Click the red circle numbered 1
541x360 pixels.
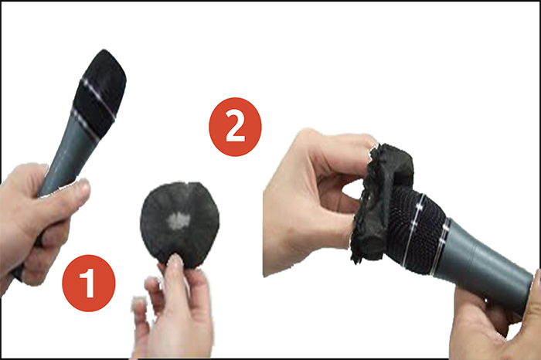[x=89, y=283]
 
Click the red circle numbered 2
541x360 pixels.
[x=235, y=127]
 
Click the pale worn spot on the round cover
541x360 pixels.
[x=179, y=220]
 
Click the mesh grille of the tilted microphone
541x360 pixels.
[x=414, y=228]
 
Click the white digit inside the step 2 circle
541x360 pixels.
[x=235, y=127]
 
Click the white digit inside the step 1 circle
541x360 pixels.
[x=88, y=283]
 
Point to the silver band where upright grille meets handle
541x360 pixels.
[x=91, y=125]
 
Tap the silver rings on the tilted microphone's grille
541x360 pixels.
[x=422, y=228]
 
